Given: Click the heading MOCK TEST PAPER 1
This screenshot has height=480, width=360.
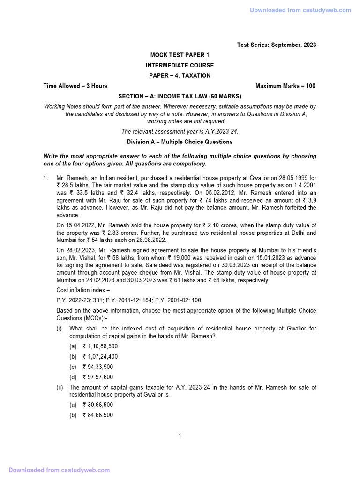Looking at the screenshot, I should click(180, 55).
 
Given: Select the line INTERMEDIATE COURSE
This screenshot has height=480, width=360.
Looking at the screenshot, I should click(180, 66).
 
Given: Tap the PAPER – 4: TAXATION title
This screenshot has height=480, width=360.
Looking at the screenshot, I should click(180, 76).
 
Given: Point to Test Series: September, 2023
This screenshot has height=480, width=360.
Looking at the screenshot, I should click(277, 45).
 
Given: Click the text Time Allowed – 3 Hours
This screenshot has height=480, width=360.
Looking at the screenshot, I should click(75, 86).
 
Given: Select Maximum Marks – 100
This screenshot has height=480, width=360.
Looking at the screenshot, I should click(285, 86).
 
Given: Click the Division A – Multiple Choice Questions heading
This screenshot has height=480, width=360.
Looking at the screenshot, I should click(180, 142).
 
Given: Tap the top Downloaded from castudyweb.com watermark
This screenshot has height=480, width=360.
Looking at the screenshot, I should click(300, 10).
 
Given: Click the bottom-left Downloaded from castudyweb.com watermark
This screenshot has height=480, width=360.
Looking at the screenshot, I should click(59, 470).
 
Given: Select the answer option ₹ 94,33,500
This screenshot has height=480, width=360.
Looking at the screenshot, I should click(97, 367).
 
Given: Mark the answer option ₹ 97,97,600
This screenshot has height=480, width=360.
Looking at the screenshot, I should click(97, 377).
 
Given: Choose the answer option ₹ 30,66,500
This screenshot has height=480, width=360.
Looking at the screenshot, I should click(97, 405).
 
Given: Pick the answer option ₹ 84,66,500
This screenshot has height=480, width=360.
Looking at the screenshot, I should click(97, 415).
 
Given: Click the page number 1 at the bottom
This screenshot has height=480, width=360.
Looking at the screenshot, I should click(180, 436).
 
